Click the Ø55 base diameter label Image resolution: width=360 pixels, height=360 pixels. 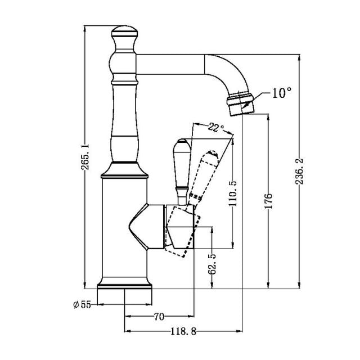(x=82, y=304)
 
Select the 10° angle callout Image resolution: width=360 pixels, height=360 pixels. (x=281, y=93)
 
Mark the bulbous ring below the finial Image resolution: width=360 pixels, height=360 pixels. (x=125, y=62)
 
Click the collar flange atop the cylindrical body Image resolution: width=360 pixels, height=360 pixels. (x=125, y=170)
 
